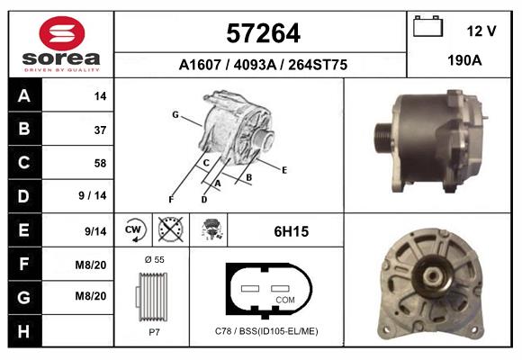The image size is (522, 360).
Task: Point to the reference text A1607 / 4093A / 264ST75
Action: (263, 65)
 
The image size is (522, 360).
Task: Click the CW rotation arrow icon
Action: (134, 230)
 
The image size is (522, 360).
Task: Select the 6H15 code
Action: (291, 231)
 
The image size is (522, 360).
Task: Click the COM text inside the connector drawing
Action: (285, 300)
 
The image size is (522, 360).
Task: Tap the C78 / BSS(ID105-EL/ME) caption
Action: (266, 332)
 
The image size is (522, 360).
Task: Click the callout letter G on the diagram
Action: (175, 113)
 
